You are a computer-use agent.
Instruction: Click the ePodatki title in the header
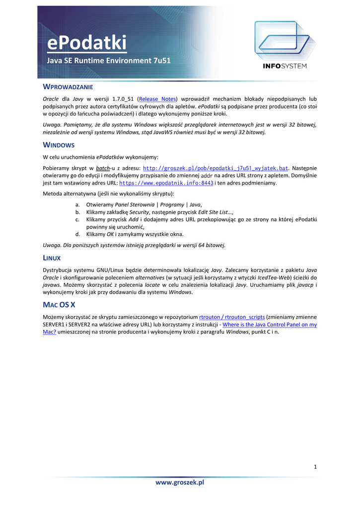(87, 43)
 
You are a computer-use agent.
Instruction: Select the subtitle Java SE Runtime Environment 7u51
(109, 61)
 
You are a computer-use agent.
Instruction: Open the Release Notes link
(157, 99)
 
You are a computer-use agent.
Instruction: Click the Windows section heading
(59, 145)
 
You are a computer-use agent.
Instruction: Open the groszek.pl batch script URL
(216, 168)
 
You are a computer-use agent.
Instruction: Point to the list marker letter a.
(77, 204)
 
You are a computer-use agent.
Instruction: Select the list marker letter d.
(77, 234)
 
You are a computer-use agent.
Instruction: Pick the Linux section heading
(52, 258)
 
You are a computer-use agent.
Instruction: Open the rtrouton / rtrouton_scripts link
(232, 317)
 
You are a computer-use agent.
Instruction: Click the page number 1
(315, 466)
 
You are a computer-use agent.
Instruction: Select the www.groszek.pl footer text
(180, 482)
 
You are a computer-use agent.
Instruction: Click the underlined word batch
(103, 168)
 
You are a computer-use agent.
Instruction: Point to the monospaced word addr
(207, 176)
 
